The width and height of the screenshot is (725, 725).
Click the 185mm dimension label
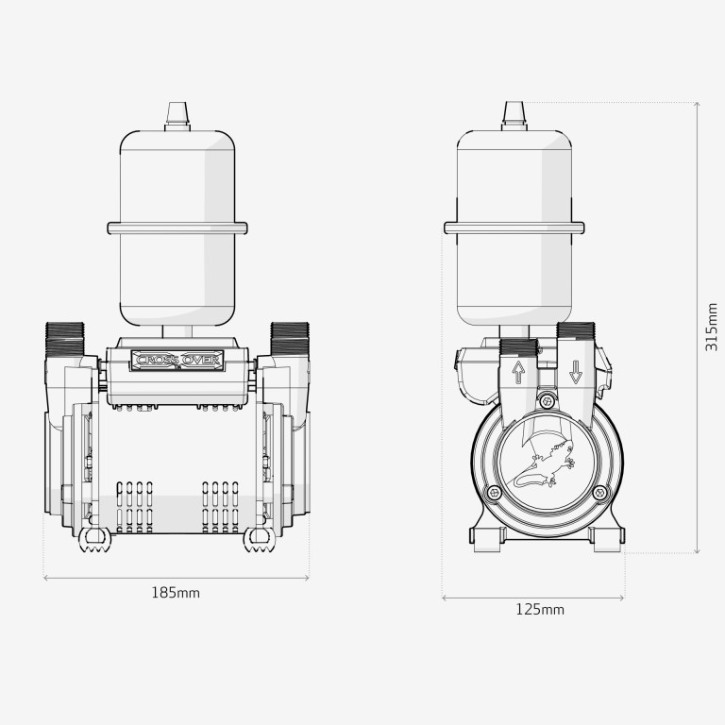[176, 592]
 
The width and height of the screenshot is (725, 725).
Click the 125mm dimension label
[540, 610]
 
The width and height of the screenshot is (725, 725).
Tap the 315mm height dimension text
[712, 327]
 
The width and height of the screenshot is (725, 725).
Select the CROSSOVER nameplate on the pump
[177, 361]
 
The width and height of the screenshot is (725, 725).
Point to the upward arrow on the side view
[519, 373]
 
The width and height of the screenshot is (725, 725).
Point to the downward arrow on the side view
[576, 372]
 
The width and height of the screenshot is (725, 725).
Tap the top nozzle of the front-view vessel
[177, 116]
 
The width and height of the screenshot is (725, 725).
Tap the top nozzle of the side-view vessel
[514, 116]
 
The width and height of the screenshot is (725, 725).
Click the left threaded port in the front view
[65, 340]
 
